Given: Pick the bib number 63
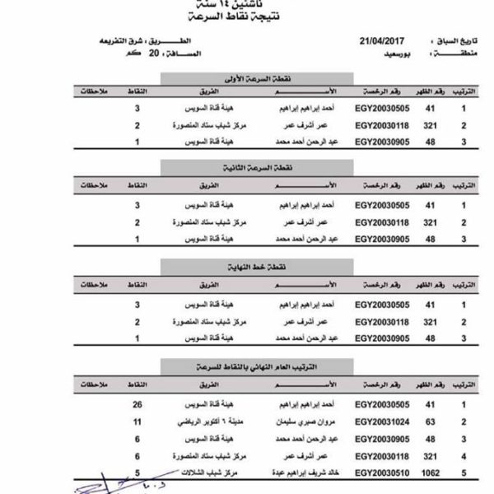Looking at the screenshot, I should pos(429,421).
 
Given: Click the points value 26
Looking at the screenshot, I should pos(138,404).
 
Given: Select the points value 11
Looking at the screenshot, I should pos(138,421).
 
